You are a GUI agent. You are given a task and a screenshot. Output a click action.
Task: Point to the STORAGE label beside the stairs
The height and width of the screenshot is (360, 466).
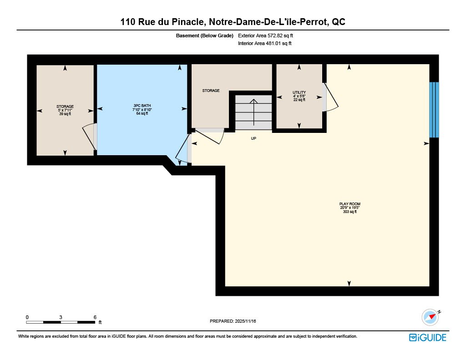coord(211,91)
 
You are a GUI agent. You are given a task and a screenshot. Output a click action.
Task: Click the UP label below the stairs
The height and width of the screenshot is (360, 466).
coord(253,138)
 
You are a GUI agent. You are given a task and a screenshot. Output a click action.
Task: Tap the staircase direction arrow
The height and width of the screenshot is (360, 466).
coord(253,112)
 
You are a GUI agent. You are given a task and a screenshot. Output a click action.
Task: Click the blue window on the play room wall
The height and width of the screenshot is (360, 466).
coord(434,110)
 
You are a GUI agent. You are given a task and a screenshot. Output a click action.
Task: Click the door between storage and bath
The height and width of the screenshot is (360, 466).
coord(89,137)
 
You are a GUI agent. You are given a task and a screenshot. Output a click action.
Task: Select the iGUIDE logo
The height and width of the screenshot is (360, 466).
coord(428,337)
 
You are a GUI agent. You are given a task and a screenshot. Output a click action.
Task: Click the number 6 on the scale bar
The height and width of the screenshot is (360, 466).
coord(95,317)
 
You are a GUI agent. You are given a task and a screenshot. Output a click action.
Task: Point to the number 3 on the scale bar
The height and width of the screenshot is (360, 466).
coord(61,317)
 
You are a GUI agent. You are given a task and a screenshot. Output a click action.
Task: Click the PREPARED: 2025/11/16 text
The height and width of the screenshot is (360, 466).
coord(233,321)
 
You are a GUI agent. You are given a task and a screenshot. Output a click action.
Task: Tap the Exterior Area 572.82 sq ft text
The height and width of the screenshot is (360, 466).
coord(265,35)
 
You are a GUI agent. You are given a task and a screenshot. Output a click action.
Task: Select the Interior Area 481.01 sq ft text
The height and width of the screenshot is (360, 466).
coord(264,43)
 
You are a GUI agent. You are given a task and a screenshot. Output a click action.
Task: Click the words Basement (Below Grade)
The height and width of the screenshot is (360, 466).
coord(204,35)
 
